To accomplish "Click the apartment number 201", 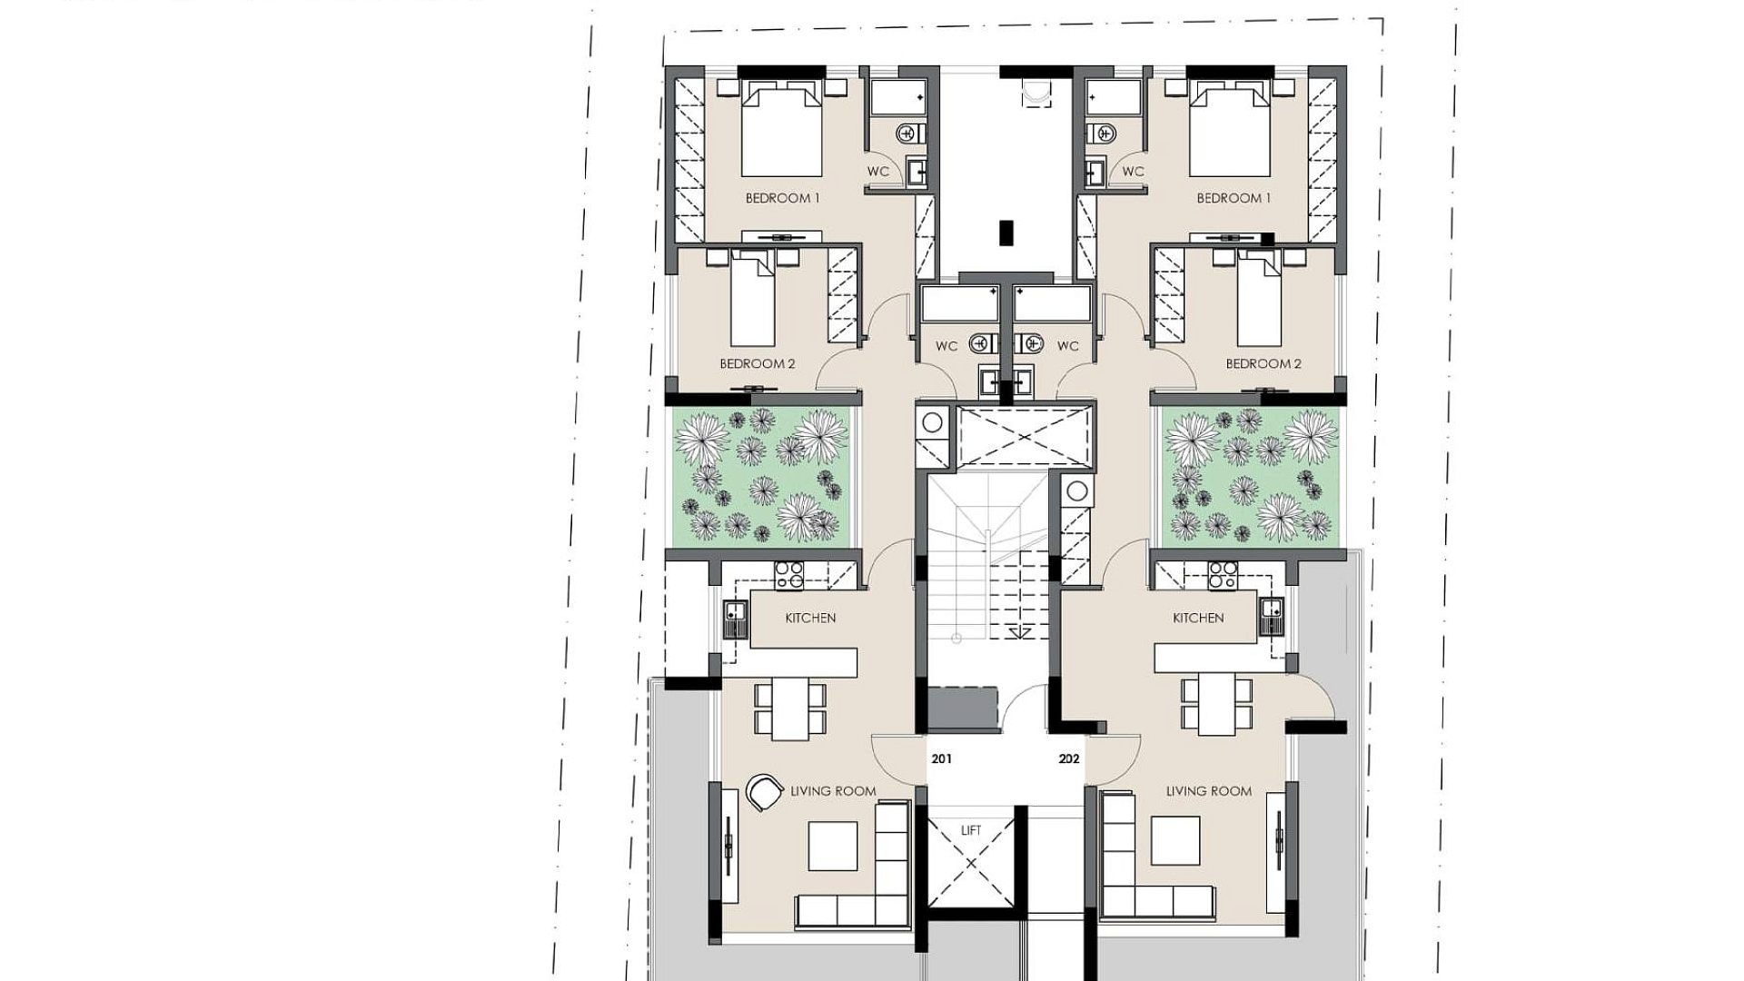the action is [941, 758].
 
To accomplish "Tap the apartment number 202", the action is [1069, 758].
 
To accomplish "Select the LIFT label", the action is [971, 830].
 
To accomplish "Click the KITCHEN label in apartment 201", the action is [810, 618].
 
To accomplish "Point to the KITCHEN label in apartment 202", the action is [1198, 618].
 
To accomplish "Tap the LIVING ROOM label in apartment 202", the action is [1209, 791].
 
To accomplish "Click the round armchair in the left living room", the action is [764, 792].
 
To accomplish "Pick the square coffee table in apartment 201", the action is [833, 846].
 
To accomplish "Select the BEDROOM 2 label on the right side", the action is [1263, 363].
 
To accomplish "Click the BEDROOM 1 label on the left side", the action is [782, 198].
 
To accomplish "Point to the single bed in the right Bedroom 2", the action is [1259, 300].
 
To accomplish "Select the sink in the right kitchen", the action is [1271, 617].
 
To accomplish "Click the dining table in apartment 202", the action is [1216, 704].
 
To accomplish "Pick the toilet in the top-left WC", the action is [910, 134].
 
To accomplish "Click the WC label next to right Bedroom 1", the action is [1133, 171].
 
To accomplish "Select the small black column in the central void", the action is [1006, 233].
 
